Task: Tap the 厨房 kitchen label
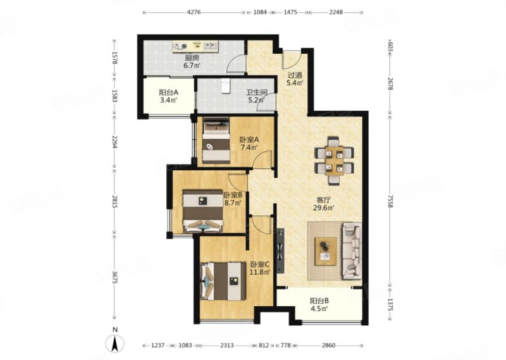point(192,58)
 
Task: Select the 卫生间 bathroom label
point(257,92)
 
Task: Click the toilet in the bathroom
point(226,85)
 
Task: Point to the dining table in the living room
point(334,161)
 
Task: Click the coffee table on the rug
point(326,252)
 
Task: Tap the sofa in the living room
point(352,251)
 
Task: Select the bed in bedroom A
point(216,140)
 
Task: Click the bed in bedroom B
point(203,211)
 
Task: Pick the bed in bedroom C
point(223,281)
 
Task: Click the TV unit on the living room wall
point(280,251)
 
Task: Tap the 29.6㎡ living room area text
point(323,208)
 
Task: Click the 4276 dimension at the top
point(194,12)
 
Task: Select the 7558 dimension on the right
point(390,201)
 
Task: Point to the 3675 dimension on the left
point(115,277)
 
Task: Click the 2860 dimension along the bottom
point(328,345)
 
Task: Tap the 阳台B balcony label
point(319,301)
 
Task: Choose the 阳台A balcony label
point(169,92)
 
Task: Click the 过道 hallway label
point(295,75)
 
